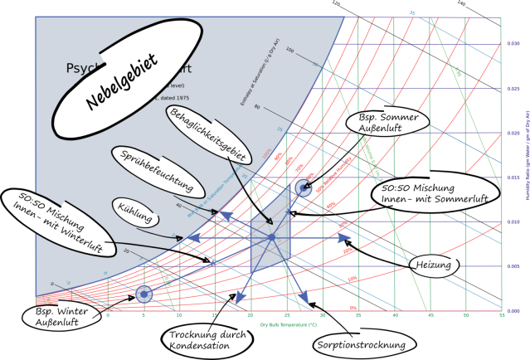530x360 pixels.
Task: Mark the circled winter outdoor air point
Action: tap(143, 294)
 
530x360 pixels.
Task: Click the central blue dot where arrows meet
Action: tap(271, 238)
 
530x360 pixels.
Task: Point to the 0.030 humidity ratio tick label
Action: tap(514, 43)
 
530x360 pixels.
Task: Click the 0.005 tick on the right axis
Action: tap(514, 266)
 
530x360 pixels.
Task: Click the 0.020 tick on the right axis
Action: tap(514, 133)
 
